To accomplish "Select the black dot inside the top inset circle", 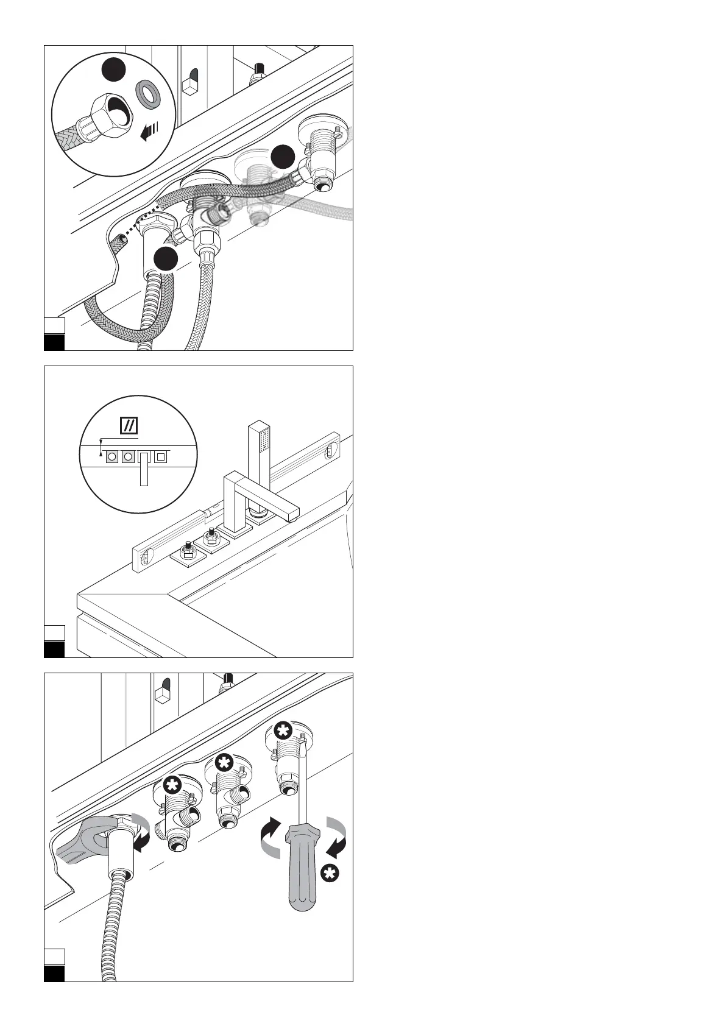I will click(113, 71).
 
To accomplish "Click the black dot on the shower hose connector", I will click(165, 259).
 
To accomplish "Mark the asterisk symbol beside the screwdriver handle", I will click(330, 874).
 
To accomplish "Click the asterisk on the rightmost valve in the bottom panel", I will click(281, 729).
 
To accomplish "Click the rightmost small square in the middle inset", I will click(161, 456).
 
